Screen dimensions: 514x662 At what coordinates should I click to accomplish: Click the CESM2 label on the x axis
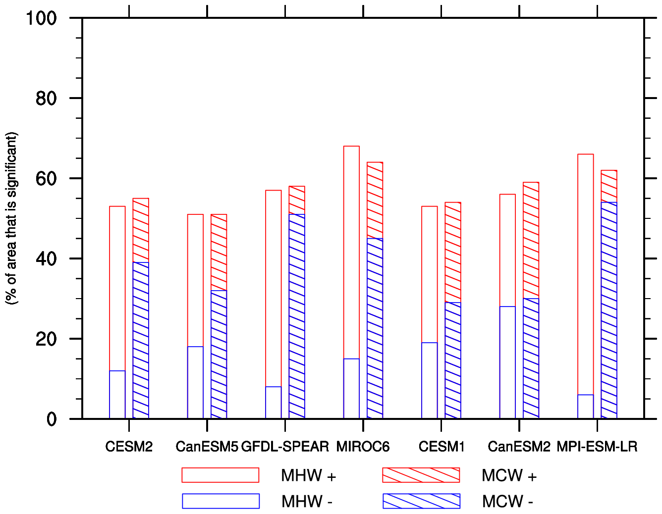click(x=129, y=447)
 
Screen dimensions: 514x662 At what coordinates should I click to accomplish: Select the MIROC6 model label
click(x=363, y=447)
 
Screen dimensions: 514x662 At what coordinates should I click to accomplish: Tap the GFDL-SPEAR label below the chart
click(x=285, y=447)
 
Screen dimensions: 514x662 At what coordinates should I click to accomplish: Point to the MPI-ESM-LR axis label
click(x=597, y=447)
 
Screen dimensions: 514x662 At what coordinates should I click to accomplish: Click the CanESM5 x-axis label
click(x=207, y=447)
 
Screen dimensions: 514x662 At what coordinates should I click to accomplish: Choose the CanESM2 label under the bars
click(x=519, y=447)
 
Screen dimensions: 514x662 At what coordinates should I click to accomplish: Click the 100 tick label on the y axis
click(x=41, y=18)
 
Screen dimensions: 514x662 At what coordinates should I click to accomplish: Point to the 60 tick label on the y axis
click(x=46, y=179)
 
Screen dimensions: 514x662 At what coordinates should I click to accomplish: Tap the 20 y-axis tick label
click(x=46, y=339)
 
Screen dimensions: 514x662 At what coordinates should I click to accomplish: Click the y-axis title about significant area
click(x=11, y=218)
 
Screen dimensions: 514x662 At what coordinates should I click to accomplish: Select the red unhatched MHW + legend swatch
click(x=220, y=475)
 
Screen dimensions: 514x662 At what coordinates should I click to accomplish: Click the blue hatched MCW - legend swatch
click(x=421, y=501)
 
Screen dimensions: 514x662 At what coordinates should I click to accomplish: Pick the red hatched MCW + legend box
click(x=421, y=475)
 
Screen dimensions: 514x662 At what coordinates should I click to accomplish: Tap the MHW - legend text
click(x=307, y=502)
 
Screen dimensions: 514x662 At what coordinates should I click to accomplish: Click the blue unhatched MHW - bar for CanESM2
click(x=507, y=362)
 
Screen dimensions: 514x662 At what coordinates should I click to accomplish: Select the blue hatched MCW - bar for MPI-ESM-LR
click(x=609, y=310)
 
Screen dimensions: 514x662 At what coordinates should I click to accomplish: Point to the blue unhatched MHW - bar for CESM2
click(x=117, y=395)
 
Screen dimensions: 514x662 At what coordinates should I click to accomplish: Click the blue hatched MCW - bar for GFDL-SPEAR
click(x=297, y=316)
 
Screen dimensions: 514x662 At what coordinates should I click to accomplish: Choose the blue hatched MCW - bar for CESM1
click(x=453, y=360)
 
